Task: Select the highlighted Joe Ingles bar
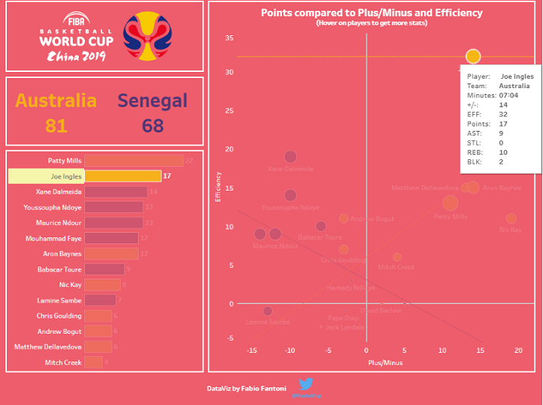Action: [x=123, y=176]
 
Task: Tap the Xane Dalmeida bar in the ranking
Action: [x=116, y=192]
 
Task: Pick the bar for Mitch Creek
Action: [x=93, y=362]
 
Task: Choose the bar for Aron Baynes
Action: [x=110, y=253]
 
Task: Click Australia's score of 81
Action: [x=56, y=125]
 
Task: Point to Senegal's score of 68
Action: [x=152, y=125]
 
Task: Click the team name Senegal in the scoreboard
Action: [x=152, y=100]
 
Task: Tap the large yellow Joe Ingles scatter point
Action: [x=473, y=57]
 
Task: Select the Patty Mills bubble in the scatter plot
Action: [x=450, y=203]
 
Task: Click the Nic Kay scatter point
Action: [x=511, y=219]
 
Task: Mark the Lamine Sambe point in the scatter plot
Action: [x=267, y=311]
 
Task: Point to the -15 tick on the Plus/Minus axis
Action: [x=252, y=351]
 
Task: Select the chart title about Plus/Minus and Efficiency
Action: [x=371, y=13]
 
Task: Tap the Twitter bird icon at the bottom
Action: [x=306, y=384]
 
